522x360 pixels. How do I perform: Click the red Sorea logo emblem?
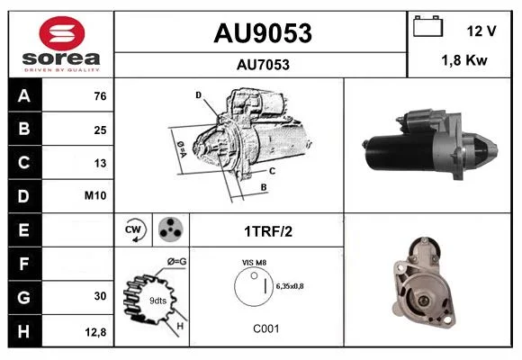pyautogui.click(x=62, y=33)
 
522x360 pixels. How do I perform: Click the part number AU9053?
pyautogui.click(x=263, y=33)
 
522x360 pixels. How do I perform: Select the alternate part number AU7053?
pyautogui.click(x=263, y=65)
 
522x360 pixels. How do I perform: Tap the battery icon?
pyautogui.click(x=428, y=26)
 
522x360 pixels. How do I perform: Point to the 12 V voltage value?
pyautogui.click(x=481, y=31)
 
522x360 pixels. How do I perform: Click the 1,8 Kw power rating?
pyautogui.click(x=464, y=60)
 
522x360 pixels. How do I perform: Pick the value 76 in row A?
pyautogui.click(x=100, y=96)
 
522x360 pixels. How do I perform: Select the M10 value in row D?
pyautogui.click(x=95, y=195)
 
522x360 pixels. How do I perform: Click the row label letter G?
pyautogui.click(x=23, y=297)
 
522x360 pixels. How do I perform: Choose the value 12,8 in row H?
pyautogui.click(x=95, y=332)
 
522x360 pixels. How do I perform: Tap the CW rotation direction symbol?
pyautogui.click(x=134, y=229)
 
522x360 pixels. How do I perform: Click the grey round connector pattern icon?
pyautogui.click(x=170, y=229)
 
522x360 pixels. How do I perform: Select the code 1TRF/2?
pyautogui.click(x=268, y=231)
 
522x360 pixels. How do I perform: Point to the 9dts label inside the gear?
pyautogui.click(x=157, y=301)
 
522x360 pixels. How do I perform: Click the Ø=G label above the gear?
pyautogui.click(x=176, y=262)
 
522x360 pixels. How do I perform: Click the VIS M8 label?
pyautogui.click(x=254, y=263)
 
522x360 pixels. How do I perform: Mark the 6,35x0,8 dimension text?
pyautogui.click(x=290, y=286)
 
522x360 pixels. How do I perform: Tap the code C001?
pyautogui.click(x=266, y=328)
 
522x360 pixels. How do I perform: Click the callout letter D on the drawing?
pyautogui.click(x=198, y=95)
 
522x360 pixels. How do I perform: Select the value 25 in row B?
pyautogui.click(x=100, y=130)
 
